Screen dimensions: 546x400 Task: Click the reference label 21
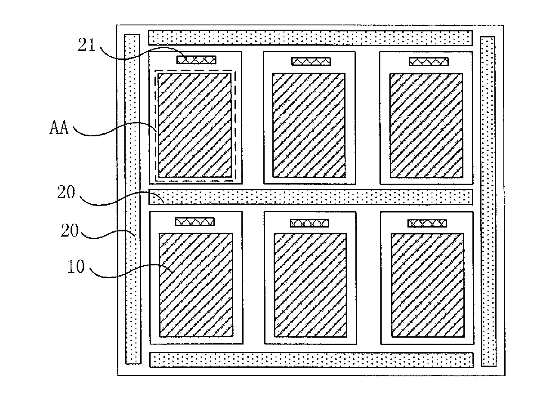87,45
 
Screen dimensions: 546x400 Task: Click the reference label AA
59,127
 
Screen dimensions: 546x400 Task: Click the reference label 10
76,266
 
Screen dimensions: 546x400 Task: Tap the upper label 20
66,192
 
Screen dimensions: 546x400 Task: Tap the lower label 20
70,230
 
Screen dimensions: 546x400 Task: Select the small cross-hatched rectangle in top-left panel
196,60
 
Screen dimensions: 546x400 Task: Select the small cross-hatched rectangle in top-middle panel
311,62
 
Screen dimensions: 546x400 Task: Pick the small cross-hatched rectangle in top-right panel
429,62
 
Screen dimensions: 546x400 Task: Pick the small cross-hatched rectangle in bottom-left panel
195,222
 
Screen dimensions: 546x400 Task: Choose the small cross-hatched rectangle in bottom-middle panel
309,223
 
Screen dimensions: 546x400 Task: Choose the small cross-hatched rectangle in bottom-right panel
427,223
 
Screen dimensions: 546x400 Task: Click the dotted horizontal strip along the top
310,38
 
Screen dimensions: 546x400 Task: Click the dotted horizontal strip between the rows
311,197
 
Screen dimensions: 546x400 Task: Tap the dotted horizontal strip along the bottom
312,360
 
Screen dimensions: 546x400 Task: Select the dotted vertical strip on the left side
133,199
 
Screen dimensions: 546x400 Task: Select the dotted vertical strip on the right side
488,201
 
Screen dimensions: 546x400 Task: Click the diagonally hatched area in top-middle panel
309,125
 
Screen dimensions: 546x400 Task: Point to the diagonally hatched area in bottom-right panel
428,285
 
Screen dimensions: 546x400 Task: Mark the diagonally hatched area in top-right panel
426,125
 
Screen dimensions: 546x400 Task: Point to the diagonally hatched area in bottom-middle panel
310,285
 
